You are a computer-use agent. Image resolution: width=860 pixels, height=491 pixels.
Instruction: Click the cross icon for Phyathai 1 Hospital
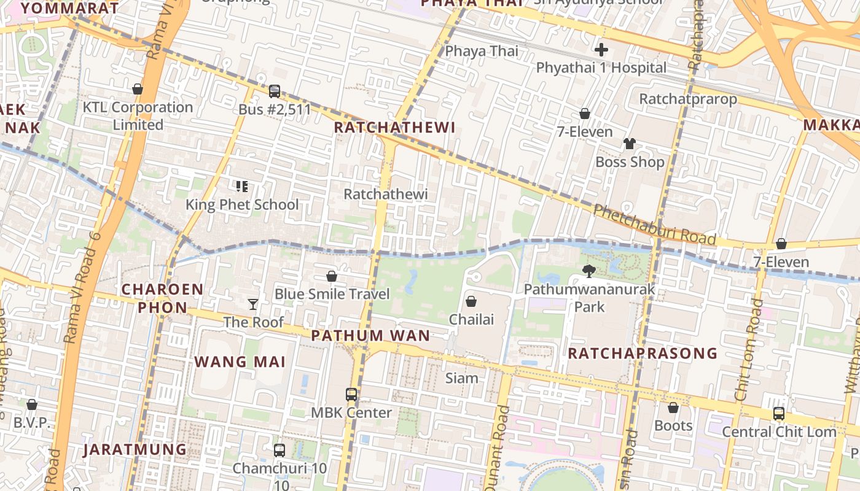pyautogui.click(x=601, y=50)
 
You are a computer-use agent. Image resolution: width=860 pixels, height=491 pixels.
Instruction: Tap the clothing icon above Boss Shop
pyautogui.click(x=630, y=144)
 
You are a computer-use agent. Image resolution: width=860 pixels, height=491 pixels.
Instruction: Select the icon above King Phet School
pyautogui.click(x=242, y=186)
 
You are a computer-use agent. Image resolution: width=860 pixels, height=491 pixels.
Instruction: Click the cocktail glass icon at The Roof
pyautogui.click(x=252, y=304)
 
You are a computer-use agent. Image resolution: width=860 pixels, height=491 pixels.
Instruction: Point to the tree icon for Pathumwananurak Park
pyautogui.click(x=589, y=271)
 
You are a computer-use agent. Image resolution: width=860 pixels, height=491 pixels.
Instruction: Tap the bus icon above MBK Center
pyautogui.click(x=351, y=395)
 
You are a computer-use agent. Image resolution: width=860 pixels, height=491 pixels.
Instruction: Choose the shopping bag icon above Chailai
pyautogui.click(x=471, y=301)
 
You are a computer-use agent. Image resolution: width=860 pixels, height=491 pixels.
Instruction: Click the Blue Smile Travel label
pyautogui.click(x=332, y=294)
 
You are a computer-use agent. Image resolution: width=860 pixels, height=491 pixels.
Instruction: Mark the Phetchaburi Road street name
pyautogui.click(x=654, y=224)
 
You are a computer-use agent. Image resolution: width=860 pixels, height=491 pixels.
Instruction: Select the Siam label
pyautogui.click(x=461, y=377)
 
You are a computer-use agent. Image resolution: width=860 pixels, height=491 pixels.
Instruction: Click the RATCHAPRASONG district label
pyautogui.click(x=643, y=353)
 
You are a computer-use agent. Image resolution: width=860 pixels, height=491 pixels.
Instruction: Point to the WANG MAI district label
pyautogui.click(x=240, y=361)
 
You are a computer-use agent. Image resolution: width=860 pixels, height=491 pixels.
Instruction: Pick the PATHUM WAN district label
pyautogui.click(x=370, y=336)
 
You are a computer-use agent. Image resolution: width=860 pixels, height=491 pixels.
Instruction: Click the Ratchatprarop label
pyautogui.click(x=688, y=99)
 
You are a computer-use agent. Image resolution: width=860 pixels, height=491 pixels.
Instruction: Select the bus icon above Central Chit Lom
pyautogui.click(x=779, y=413)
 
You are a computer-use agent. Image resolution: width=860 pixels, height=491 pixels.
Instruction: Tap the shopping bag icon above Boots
pyautogui.click(x=673, y=408)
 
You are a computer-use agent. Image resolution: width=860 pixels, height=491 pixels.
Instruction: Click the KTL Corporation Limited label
pyautogui.click(x=138, y=115)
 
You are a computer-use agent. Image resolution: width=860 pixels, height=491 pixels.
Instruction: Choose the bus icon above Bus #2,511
pyautogui.click(x=275, y=91)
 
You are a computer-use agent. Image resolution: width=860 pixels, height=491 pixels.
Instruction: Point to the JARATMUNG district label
pyautogui.click(x=135, y=449)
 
